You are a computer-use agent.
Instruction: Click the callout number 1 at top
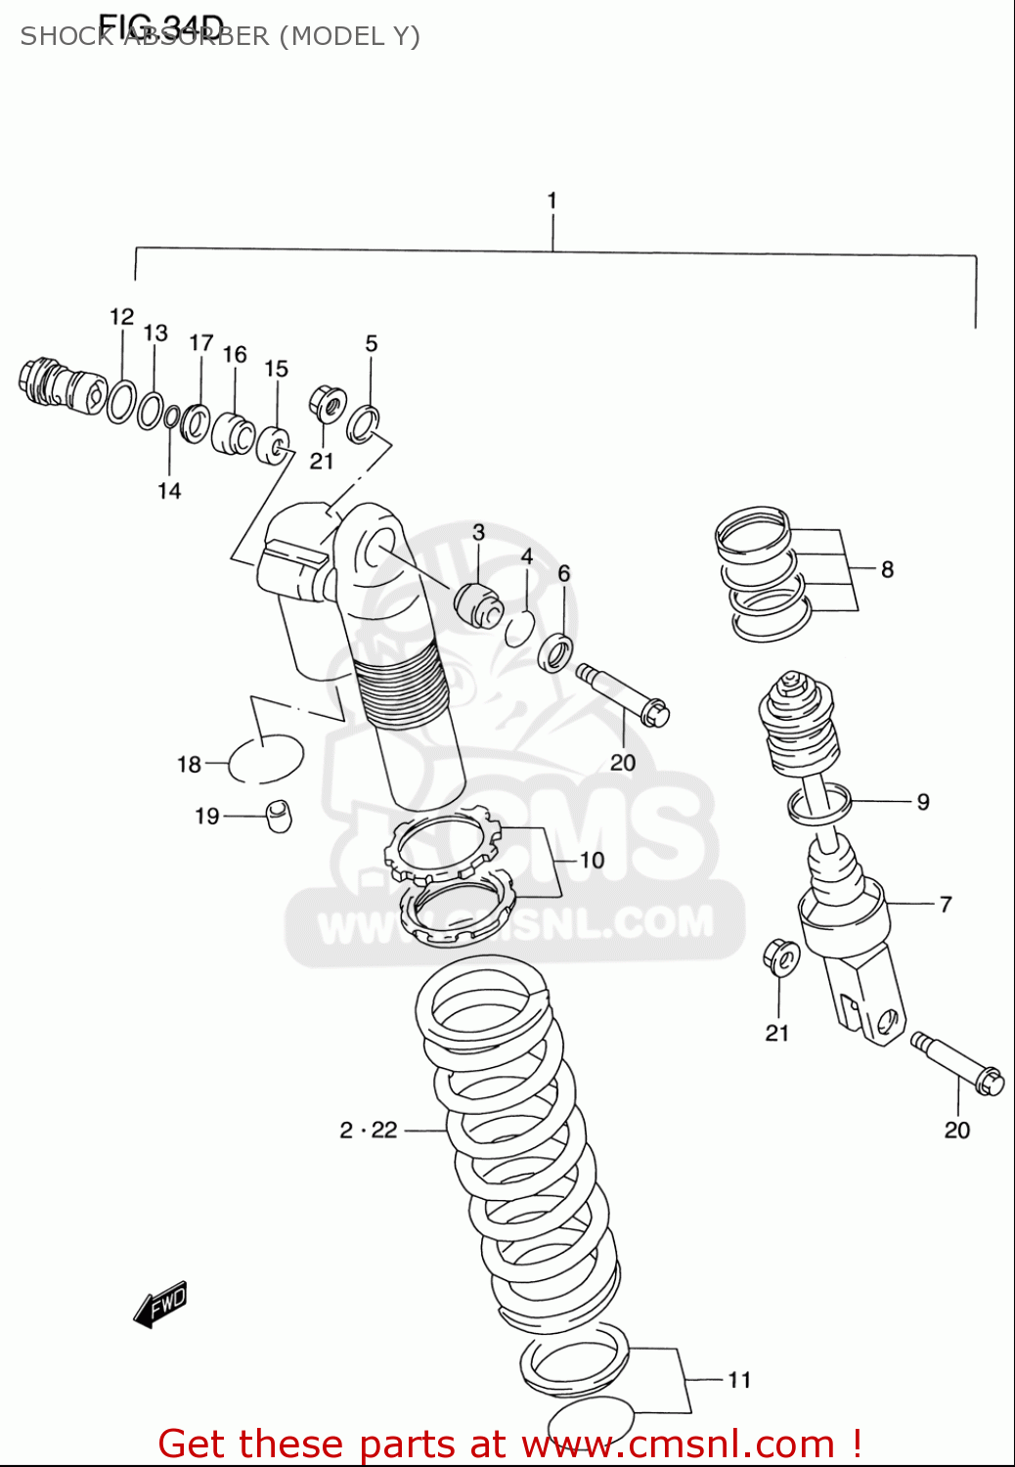552,200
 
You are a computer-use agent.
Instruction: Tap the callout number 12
121,317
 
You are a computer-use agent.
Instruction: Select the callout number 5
371,343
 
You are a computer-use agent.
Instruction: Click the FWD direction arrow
160,1305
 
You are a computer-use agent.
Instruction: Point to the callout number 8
887,569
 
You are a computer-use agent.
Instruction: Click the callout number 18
189,764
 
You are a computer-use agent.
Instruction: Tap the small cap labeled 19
280,815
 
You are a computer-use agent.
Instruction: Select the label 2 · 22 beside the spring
369,1130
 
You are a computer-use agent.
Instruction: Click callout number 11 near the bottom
739,1379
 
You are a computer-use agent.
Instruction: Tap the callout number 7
945,905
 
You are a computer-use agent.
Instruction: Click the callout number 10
592,860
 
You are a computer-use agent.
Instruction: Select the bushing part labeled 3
477,602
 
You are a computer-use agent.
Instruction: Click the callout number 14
169,490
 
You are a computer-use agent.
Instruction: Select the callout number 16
235,354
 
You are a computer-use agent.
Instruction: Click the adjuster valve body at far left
61,385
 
